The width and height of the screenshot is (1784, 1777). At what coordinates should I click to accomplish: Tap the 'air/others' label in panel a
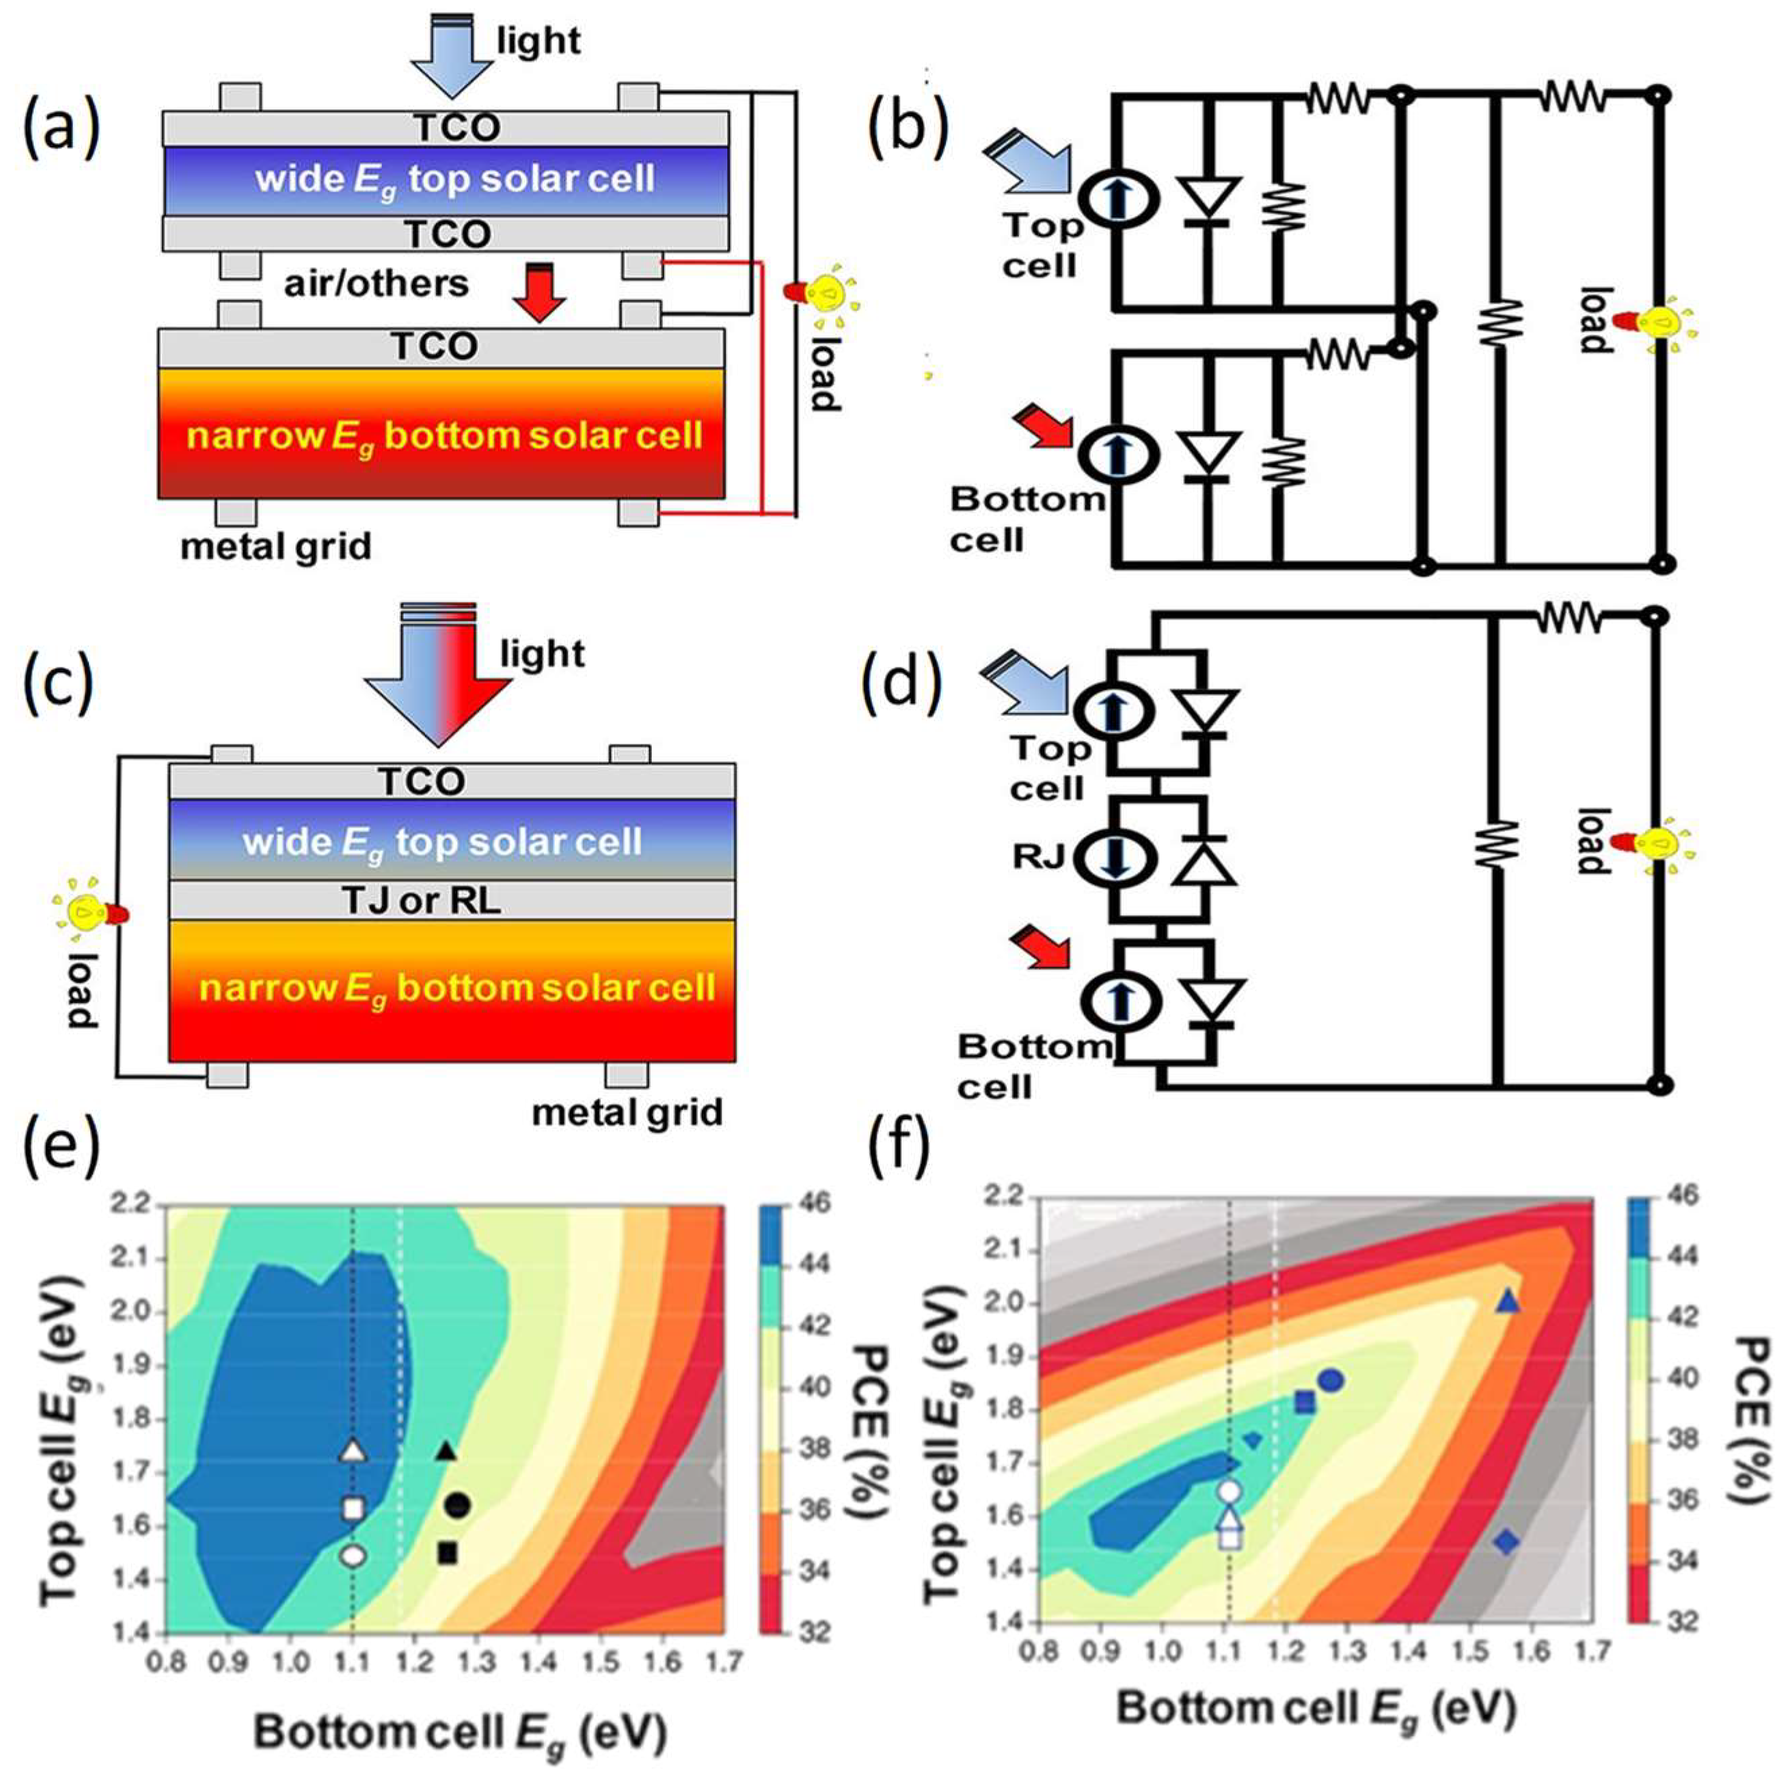376,283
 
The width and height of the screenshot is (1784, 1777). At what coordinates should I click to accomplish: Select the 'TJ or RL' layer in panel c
422,900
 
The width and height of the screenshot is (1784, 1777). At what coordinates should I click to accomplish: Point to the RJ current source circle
1118,858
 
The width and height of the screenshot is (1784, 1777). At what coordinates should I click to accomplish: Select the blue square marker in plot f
1305,1402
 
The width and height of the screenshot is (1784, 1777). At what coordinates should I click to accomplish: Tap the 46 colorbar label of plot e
817,1203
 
